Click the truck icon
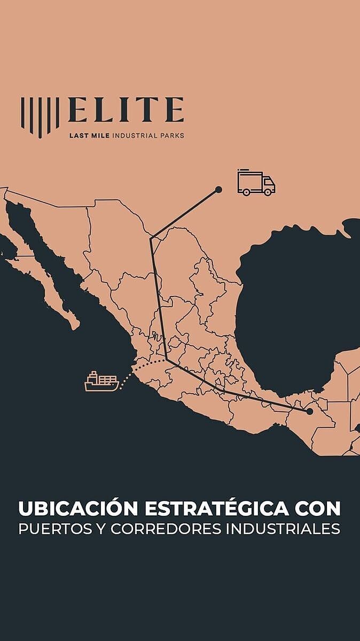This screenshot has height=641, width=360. point(256,183)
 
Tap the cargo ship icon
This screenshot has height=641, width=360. point(101,381)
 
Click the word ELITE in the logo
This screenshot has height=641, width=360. point(126,110)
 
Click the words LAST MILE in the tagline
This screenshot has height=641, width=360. point(89,136)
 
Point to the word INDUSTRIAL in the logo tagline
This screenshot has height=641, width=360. point(134,136)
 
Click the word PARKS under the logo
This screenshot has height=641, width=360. point(172,136)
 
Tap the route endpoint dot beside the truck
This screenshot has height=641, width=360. point(218,189)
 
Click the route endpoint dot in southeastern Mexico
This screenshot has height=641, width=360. point(309,411)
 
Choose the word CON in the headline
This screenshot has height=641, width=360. point(319,508)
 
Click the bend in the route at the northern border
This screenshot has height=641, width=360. point(151,238)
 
